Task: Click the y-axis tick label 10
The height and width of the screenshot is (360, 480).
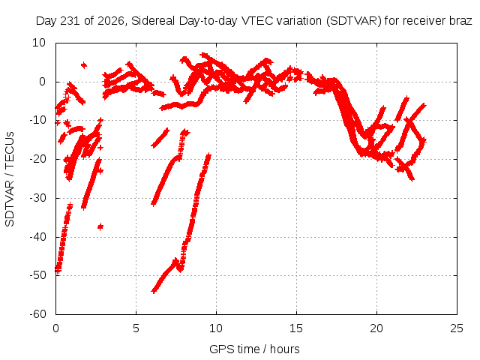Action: pos(39,43)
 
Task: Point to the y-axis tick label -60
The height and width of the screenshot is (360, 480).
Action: pos(37,314)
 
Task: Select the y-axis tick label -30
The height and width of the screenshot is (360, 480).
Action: pos(37,198)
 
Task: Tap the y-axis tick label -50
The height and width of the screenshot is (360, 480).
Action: pos(37,275)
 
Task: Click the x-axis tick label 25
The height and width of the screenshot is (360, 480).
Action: pos(457,328)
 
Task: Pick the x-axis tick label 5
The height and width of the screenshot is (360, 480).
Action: pos(136,328)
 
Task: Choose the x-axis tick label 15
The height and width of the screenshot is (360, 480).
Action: pos(296,328)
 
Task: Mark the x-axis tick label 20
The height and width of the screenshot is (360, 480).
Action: pos(376,328)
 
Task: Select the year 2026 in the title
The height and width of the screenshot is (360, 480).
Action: pos(111,21)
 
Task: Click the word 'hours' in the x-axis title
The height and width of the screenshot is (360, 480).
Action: pos(285,349)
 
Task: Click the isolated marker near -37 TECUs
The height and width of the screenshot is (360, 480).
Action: pos(100,226)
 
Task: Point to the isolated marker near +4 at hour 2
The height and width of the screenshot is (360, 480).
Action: pos(83,65)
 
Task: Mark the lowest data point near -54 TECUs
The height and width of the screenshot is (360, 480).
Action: pos(154,290)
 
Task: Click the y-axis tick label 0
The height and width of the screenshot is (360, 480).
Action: pos(42,82)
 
